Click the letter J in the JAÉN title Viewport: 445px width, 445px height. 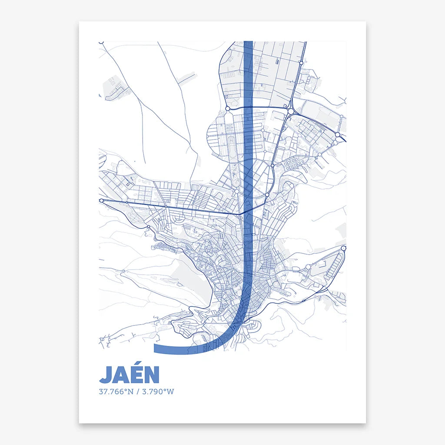coord(106,375)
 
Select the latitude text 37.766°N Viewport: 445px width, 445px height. coord(116,392)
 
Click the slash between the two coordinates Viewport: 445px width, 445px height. coord(137,392)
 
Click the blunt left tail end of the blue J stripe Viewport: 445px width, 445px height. coord(155,349)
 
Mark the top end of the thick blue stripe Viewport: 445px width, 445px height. coord(248,42)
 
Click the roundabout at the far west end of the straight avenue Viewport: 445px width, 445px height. coord(101,201)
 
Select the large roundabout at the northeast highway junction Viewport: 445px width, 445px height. coord(290,112)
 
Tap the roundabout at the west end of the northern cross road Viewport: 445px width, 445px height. coord(227,108)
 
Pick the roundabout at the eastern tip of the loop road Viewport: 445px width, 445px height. coord(343,248)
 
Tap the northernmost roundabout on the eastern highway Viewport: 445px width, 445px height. coord(301,63)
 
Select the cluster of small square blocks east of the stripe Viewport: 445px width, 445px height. coord(293,163)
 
